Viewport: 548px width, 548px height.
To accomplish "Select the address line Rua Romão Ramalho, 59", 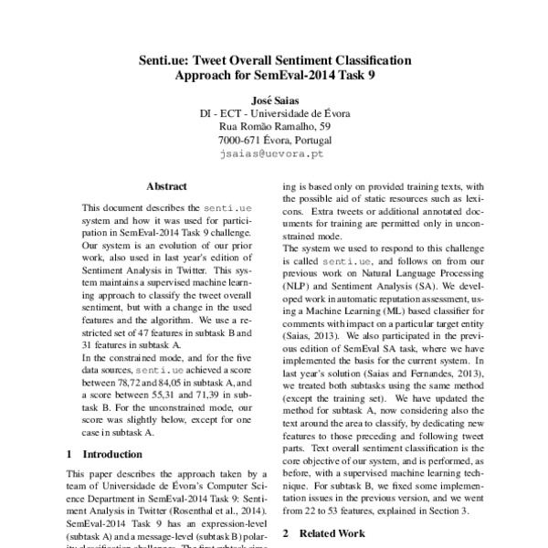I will [x=275, y=127].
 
